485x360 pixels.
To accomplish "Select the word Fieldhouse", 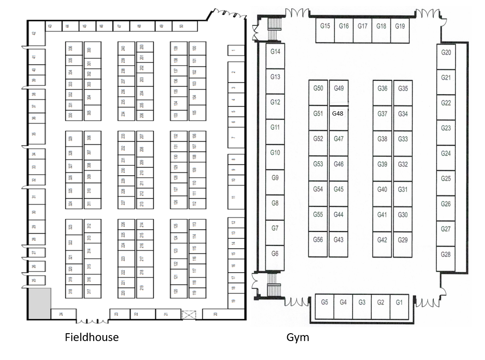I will [x=91, y=337].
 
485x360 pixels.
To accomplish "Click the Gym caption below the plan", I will [x=298, y=337].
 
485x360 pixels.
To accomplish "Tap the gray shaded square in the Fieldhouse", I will [x=39, y=303].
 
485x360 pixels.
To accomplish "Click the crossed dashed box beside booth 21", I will [x=189, y=314].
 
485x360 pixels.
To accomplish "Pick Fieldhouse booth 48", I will [x=139, y=26].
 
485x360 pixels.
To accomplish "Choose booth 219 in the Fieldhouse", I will [x=142, y=287].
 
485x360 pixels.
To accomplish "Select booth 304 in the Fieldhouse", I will [x=89, y=97].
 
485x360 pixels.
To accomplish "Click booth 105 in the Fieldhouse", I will [x=194, y=112].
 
